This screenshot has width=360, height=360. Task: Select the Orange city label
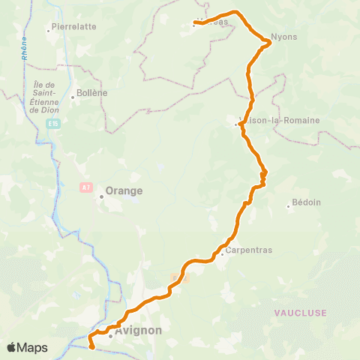pyautogui.click(x=124, y=190)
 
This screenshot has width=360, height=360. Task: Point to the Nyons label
pyautogui.click(x=284, y=37)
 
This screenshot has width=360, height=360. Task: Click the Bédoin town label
pyautogui.click(x=306, y=203)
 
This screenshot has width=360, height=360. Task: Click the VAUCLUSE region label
pyautogui.click(x=300, y=312)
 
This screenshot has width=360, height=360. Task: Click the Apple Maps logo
pyautogui.click(x=27, y=348)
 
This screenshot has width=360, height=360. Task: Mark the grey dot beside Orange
pyautogui.click(x=101, y=196)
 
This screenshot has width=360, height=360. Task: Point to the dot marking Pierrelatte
pyautogui.click(x=48, y=31)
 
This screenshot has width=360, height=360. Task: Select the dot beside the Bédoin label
pyautogui.click(x=289, y=207)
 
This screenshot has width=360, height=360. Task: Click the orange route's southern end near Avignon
pyautogui.click(x=91, y=346)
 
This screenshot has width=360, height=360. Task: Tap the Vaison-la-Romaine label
pyautogui.click(x=279, y=120)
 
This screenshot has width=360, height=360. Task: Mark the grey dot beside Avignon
pyautogui.click(x=110, y=335)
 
